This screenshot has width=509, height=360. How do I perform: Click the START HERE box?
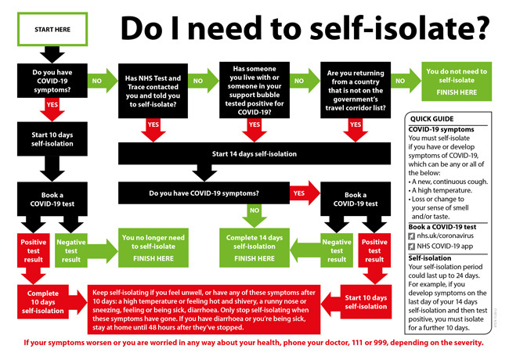click(52, 29)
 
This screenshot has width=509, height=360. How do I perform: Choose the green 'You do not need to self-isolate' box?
click(457, 81)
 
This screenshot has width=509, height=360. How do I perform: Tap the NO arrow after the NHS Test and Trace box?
click(198, 81)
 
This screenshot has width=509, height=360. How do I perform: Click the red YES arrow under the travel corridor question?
click(356, 125)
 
